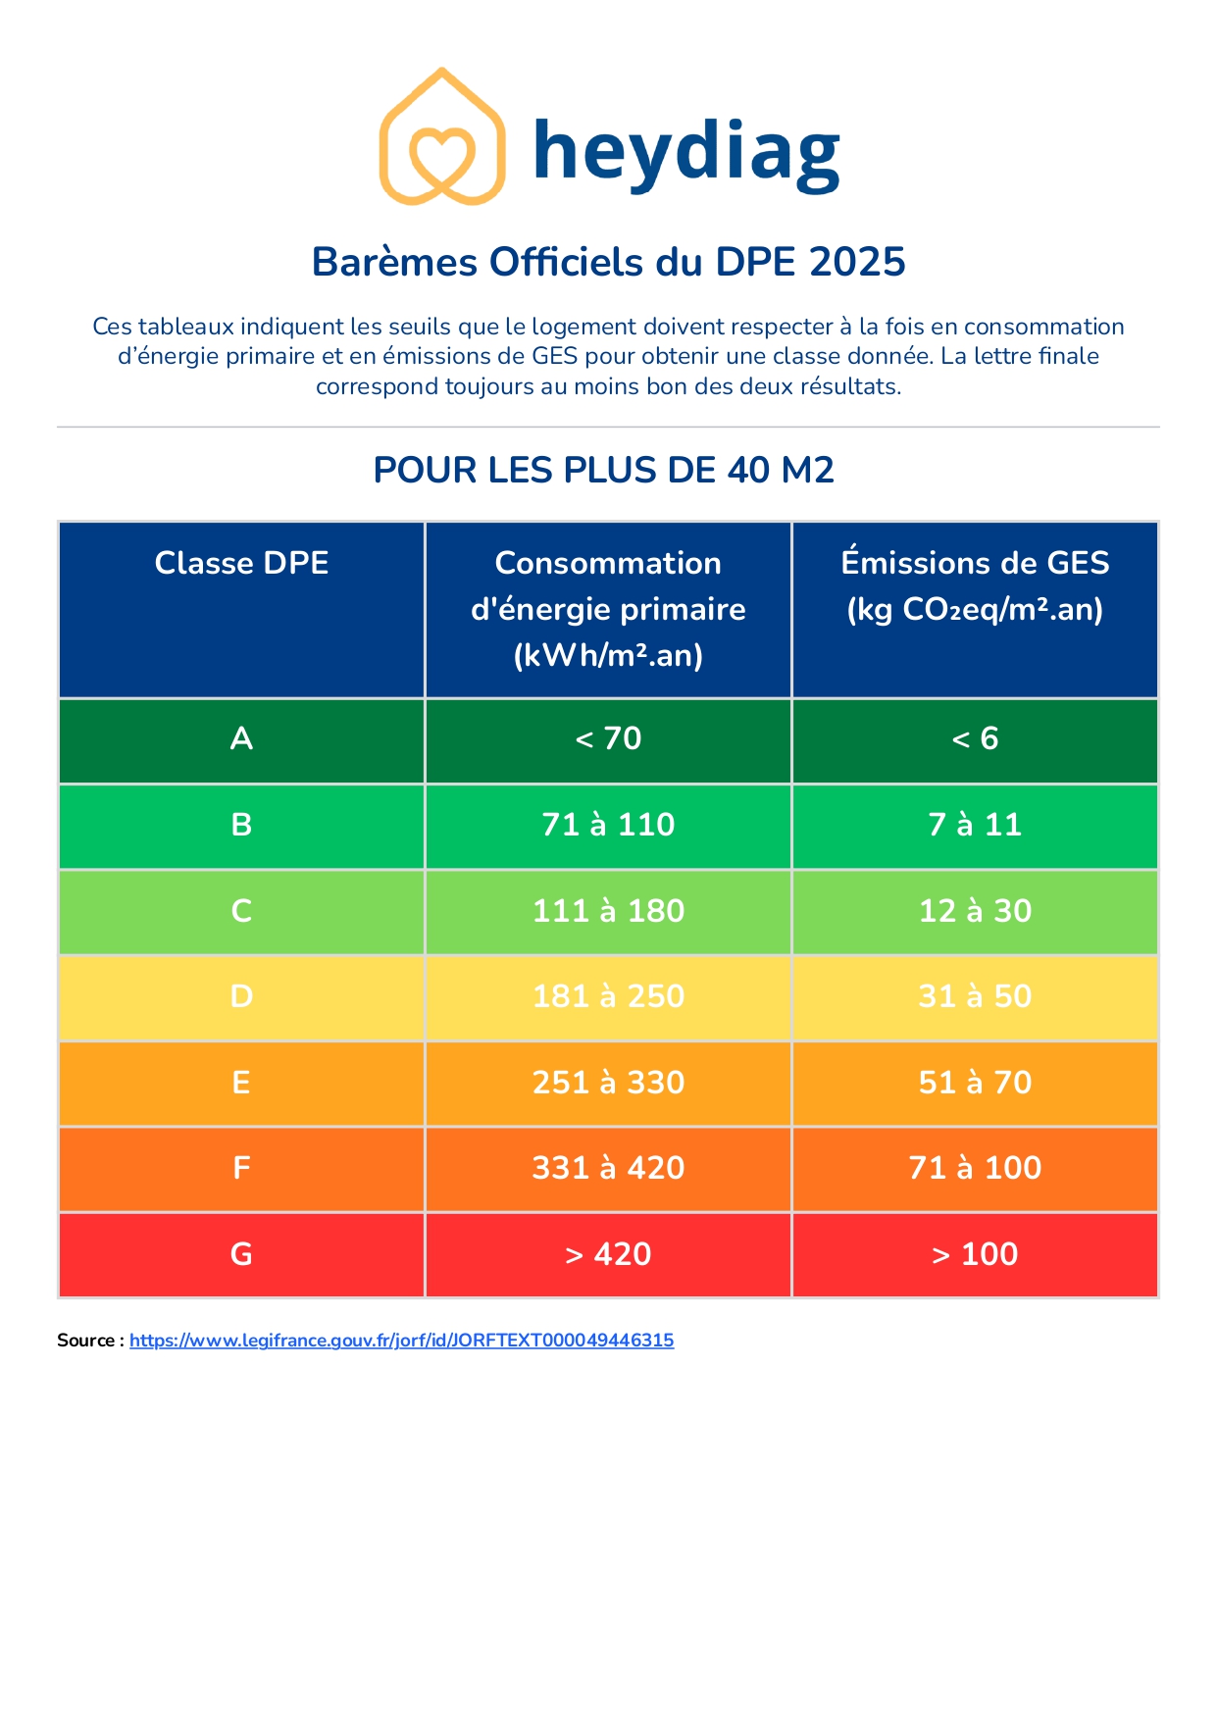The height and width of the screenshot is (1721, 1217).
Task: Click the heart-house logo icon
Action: point(442,137)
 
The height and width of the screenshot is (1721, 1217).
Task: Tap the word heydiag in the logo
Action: point(686,151)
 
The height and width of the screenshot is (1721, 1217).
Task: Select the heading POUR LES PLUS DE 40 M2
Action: point(603,471)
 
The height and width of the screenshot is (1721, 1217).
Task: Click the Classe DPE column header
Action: point(241,563)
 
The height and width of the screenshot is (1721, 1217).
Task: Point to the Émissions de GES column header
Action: point(975,585)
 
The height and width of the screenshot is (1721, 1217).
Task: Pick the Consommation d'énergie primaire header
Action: point(608,608)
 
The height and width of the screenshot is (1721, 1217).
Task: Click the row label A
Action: point(241,738)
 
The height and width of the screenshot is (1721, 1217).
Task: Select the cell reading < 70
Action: point(608,738)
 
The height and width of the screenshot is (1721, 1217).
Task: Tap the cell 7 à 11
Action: point(975,825)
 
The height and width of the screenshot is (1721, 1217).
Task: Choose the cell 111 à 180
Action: point(608,911)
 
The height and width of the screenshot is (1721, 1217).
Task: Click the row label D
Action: point(241,996)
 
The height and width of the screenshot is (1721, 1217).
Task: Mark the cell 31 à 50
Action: point(975,996)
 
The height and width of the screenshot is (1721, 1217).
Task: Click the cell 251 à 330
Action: point(608,1083)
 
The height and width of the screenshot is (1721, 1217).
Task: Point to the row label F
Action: point(241,1168)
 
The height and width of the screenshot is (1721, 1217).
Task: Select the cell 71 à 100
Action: point(975,1168)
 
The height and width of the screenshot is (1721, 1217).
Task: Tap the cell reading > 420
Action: point(608,1254)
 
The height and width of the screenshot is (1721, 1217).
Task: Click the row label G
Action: point(241,1254)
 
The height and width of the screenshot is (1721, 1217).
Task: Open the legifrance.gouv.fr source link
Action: point(401,1341)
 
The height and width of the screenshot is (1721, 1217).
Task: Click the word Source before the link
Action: point(86,1341)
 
